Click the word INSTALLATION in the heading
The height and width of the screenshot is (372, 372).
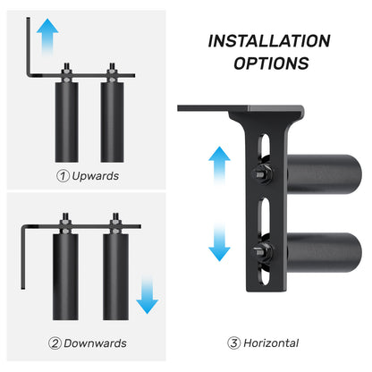pyautogui.click(x=269, y=41)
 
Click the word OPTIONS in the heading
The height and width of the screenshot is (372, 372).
pyautogui.click(x=271, y=63)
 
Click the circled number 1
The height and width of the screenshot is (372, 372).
pyautogui.click(x=63, y=175)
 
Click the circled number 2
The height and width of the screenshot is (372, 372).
pyautogui.click(x=56, y=343)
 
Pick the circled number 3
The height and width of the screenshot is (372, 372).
pyautogui.click(x=233, y=343)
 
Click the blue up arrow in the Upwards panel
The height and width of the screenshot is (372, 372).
pyautogui.click(x=48, y=38)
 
